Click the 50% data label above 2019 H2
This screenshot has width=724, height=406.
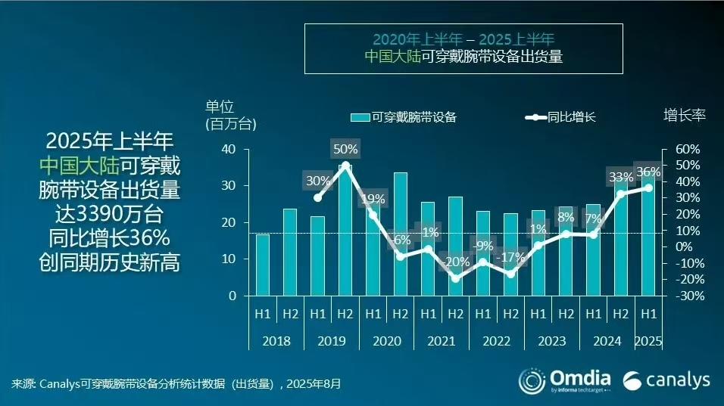[x=345, y=148]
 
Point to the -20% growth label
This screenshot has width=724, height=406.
[x=455, y=262]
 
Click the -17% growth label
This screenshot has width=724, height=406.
[x=510, y=257]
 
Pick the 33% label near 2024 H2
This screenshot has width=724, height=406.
[x=621, y=178]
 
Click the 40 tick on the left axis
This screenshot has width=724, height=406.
[x=229, y=149]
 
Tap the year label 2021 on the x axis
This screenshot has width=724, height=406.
[x=442, y=341]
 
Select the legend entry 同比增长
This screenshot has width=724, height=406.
[x=561, y=116]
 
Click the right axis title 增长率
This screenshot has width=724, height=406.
[x=685, y=115]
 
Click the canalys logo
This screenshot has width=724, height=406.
[x=666, y=380]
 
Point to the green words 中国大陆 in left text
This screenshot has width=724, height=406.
[x=80, y=166]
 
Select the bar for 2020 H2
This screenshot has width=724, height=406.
[x=400, y=234]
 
